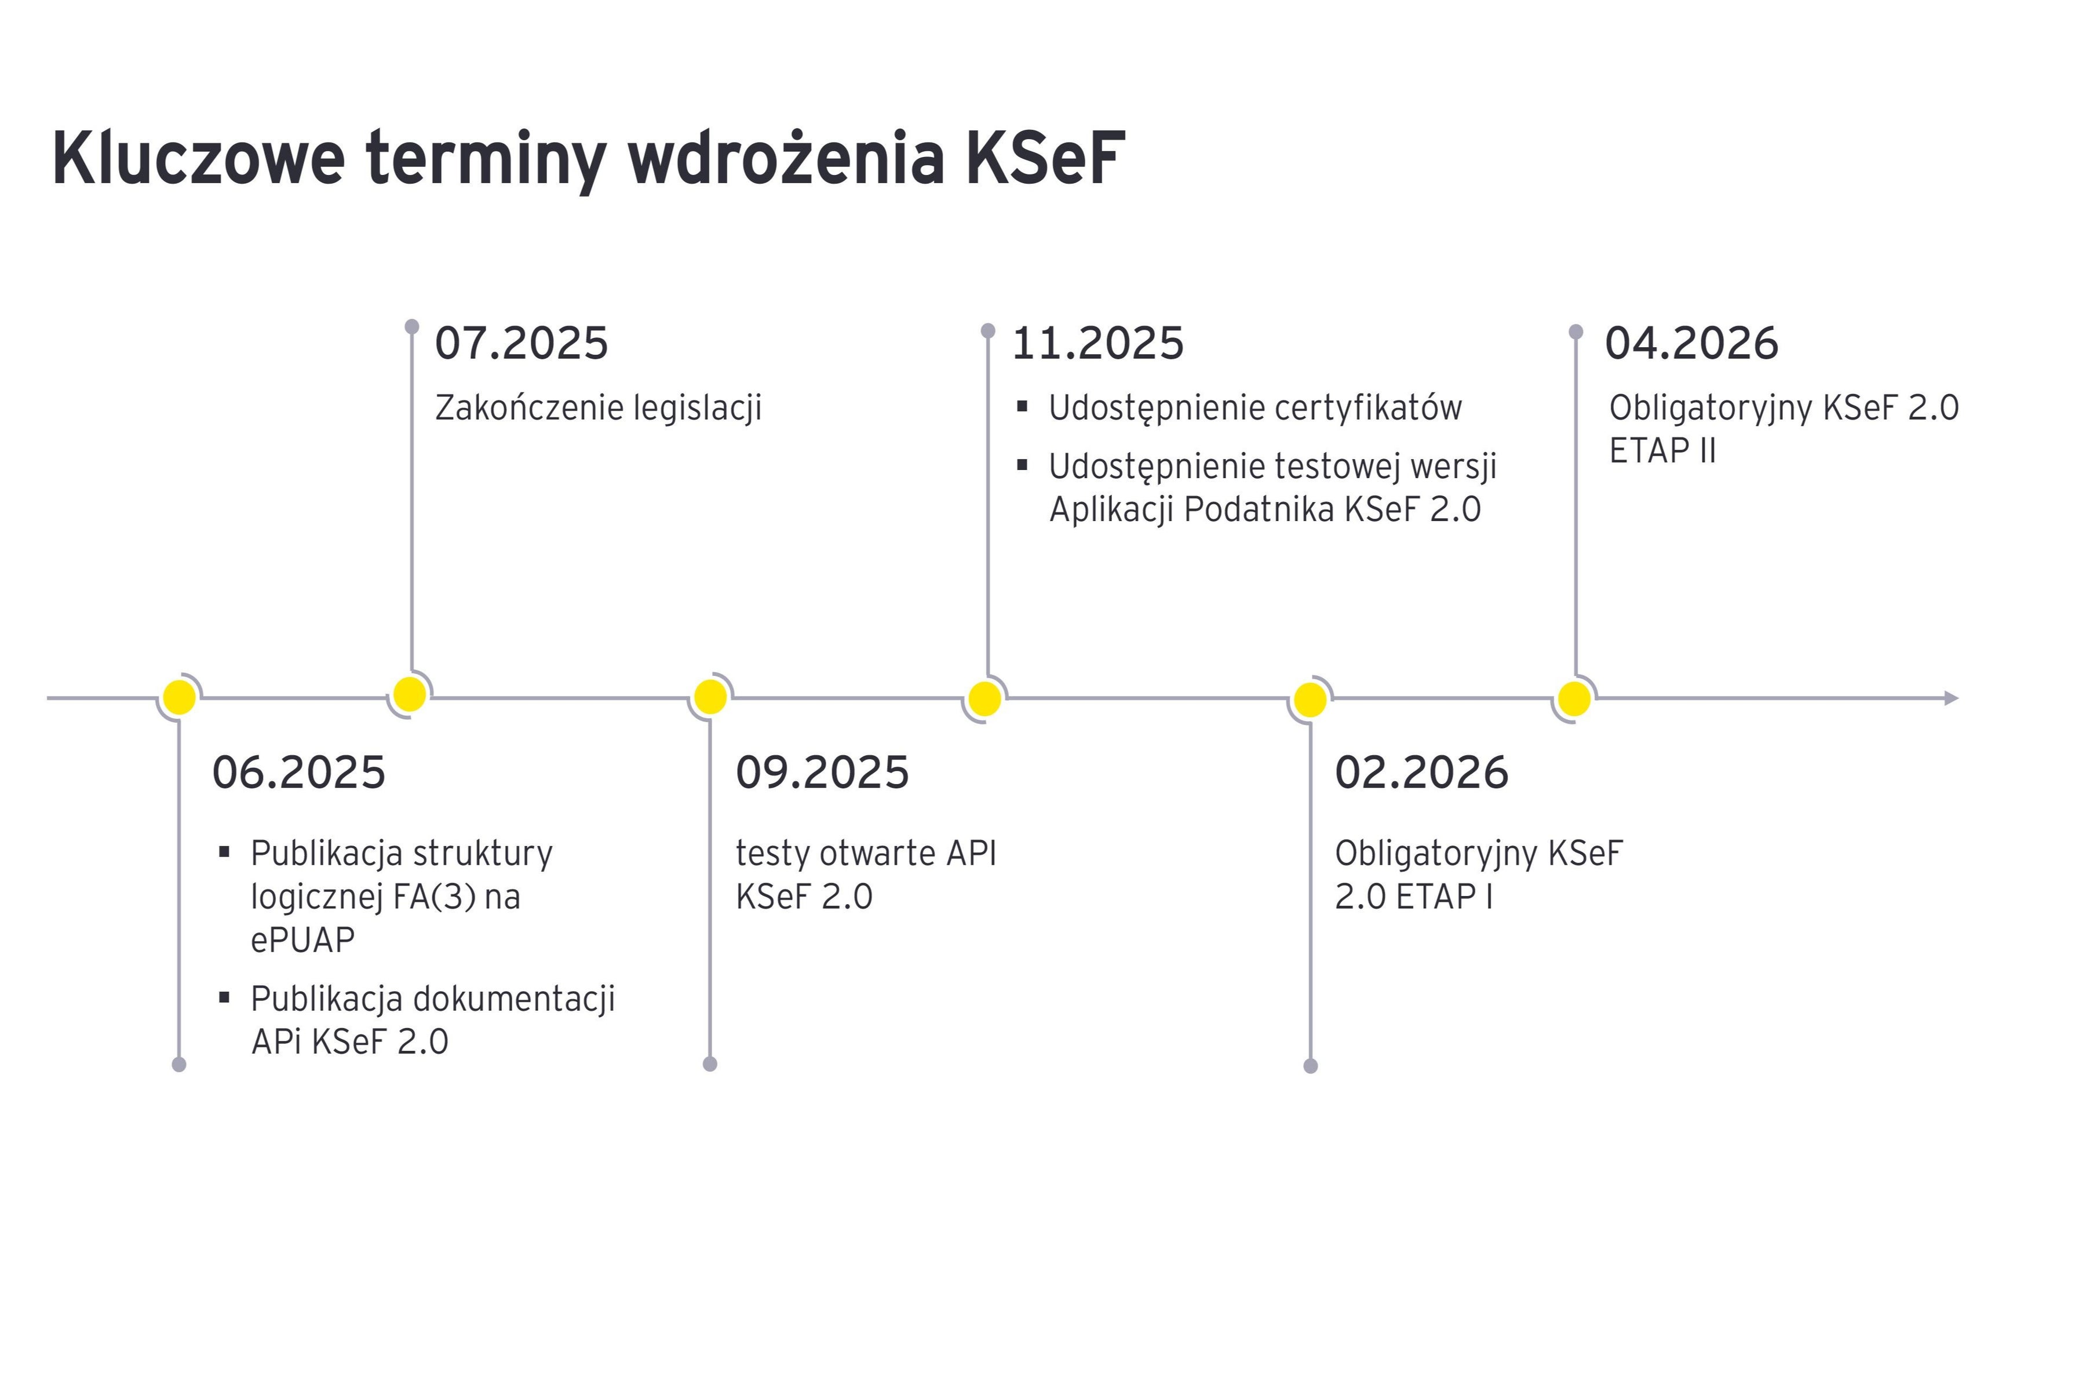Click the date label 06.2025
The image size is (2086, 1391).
(x=299, y=772)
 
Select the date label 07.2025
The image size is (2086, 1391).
(x=521, y=343)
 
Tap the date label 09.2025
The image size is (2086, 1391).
(x=822, y=772)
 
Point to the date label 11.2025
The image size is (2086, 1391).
(x=1098, y=343)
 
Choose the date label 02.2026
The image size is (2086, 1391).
(x=1422, y=772)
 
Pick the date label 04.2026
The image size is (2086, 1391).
(x=1691, y=343)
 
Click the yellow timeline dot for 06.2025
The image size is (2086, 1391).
(x=179, y=697)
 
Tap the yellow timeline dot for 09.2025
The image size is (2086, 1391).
(x=710, y=697)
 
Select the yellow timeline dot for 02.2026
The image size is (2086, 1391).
(x=1310, y=700)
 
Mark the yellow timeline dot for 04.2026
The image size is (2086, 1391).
(x=1574, y=698)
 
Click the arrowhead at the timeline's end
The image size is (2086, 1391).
(x=1951, y=698)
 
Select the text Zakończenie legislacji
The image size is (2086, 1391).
(x=599, y=408)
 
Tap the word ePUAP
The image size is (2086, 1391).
(x=302, y=940)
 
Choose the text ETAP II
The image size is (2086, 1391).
(x=1663, y=451)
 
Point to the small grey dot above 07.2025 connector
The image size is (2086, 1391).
(x=411, y=326)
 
